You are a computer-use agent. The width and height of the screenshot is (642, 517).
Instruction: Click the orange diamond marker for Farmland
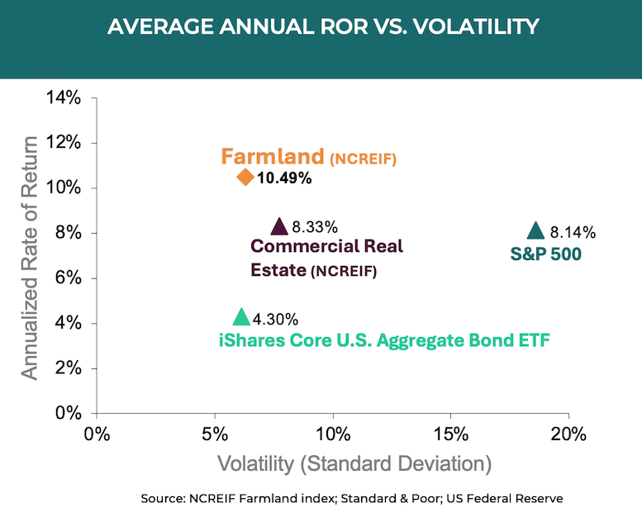245,177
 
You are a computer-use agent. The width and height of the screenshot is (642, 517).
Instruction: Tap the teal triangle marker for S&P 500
535,231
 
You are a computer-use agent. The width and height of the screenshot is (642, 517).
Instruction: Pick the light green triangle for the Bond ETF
240,317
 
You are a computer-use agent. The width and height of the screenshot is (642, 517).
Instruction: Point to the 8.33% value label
315,227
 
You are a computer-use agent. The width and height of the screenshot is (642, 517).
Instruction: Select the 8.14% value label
573,233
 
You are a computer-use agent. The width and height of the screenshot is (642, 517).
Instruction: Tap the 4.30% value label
275,319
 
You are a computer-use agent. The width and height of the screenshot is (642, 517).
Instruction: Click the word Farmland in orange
271,156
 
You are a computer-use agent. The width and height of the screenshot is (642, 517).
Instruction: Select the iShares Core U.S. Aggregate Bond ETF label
384,339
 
